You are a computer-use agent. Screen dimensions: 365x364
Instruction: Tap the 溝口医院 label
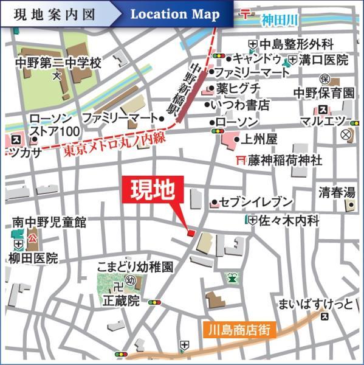(x=325, y=60)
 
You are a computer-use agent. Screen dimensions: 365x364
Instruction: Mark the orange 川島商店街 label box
(x=237, y=331)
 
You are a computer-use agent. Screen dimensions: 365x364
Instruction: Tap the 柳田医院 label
(x=35, y=258)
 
